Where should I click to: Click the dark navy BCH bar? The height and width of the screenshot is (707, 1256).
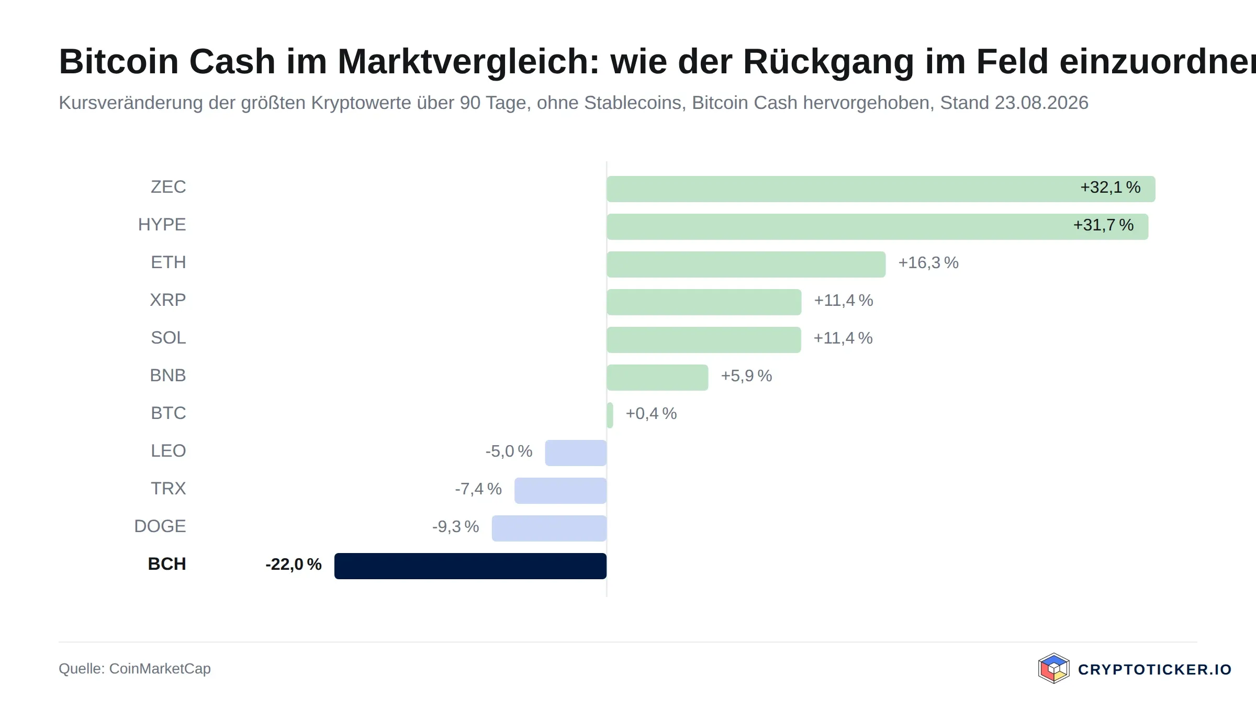click(x=470, y=566)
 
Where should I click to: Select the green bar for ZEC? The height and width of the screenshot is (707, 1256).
click(x=881, y=189)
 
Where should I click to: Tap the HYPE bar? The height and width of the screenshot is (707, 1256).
click(x=878, y=227)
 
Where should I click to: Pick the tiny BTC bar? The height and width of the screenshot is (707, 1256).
click(x=610, y=415)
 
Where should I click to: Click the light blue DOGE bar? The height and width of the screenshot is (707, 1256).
click(x=549, y=528)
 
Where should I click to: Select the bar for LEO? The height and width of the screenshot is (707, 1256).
click(x=576, y=453)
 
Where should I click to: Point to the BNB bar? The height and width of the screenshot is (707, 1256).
click(x=657, y=378)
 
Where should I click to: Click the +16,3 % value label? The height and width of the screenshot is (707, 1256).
click(x=928, y=262)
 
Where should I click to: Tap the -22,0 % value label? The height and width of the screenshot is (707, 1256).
click(x=294, y=564)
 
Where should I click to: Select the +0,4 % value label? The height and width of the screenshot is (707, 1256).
click(x=652, y=413)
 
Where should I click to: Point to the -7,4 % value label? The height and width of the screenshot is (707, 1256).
click(x=478, y=489)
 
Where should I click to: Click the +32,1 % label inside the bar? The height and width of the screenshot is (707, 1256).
click(x=1111, y=187)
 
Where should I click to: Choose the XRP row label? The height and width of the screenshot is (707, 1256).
click(x=168, y=300)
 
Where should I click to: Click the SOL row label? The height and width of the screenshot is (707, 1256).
click(x=169, y=337)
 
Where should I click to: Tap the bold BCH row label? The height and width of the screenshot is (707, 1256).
click(x=167, y=564)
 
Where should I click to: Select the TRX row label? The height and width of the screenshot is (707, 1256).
click(x=169, y=488)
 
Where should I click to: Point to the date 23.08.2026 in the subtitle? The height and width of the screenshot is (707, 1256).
click(x=1041, y=103)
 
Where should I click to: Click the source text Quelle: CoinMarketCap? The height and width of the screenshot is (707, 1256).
click(x=134, y=668)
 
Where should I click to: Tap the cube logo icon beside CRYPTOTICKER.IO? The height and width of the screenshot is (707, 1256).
click(x=1053, y=668)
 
